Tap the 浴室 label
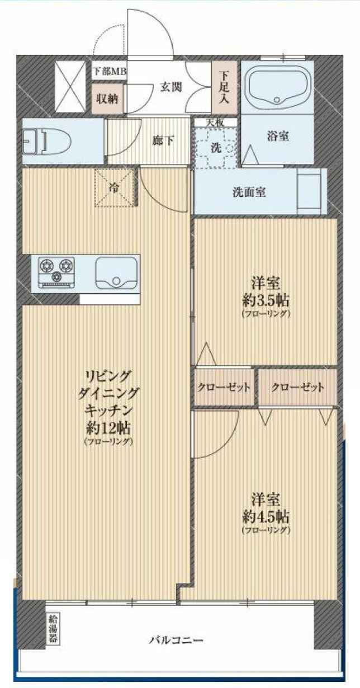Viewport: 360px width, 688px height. pos(278,136)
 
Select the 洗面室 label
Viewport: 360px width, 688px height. pos(249,192)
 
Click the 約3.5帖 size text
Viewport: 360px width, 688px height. pos(266,299)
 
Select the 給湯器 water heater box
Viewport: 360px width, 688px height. pos(53,628)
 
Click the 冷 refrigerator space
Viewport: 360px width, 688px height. pos(114,188)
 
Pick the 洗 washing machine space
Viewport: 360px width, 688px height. pos(215,147)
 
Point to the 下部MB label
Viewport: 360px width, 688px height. pos(110,71)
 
